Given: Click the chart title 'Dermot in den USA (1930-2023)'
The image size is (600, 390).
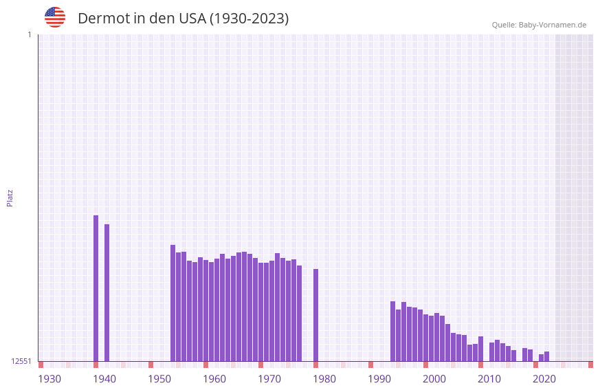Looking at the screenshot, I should (183, 19).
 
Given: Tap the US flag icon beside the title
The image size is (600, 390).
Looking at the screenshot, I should (55, 17).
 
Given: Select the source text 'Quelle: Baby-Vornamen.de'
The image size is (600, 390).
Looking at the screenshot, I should (539, 25).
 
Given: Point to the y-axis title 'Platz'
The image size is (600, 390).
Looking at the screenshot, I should (10, 197).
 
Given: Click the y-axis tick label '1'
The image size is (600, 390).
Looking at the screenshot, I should (30, 34).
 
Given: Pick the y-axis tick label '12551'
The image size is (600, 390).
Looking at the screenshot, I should (21, 361).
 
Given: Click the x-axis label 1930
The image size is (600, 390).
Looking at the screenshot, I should (49, 379).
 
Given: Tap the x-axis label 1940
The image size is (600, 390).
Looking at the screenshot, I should (104, 379).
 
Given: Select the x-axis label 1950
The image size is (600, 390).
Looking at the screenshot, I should (159, 379).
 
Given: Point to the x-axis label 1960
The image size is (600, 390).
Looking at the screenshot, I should (214, 379).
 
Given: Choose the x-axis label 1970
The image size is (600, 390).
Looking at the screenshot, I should (269, 379).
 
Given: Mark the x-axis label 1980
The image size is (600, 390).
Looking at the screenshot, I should (324, 379).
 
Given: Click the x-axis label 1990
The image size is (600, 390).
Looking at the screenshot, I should (379, 379).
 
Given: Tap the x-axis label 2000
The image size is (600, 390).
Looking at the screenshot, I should (434, 379).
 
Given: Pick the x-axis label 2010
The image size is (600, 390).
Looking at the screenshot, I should (489, 379).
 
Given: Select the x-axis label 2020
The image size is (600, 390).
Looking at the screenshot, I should (544, 379).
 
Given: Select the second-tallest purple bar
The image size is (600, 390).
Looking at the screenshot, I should (107, 292).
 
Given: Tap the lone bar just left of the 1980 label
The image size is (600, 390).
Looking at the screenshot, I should (316, 314).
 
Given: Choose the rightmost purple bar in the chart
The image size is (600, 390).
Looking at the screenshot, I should (547, 356).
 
